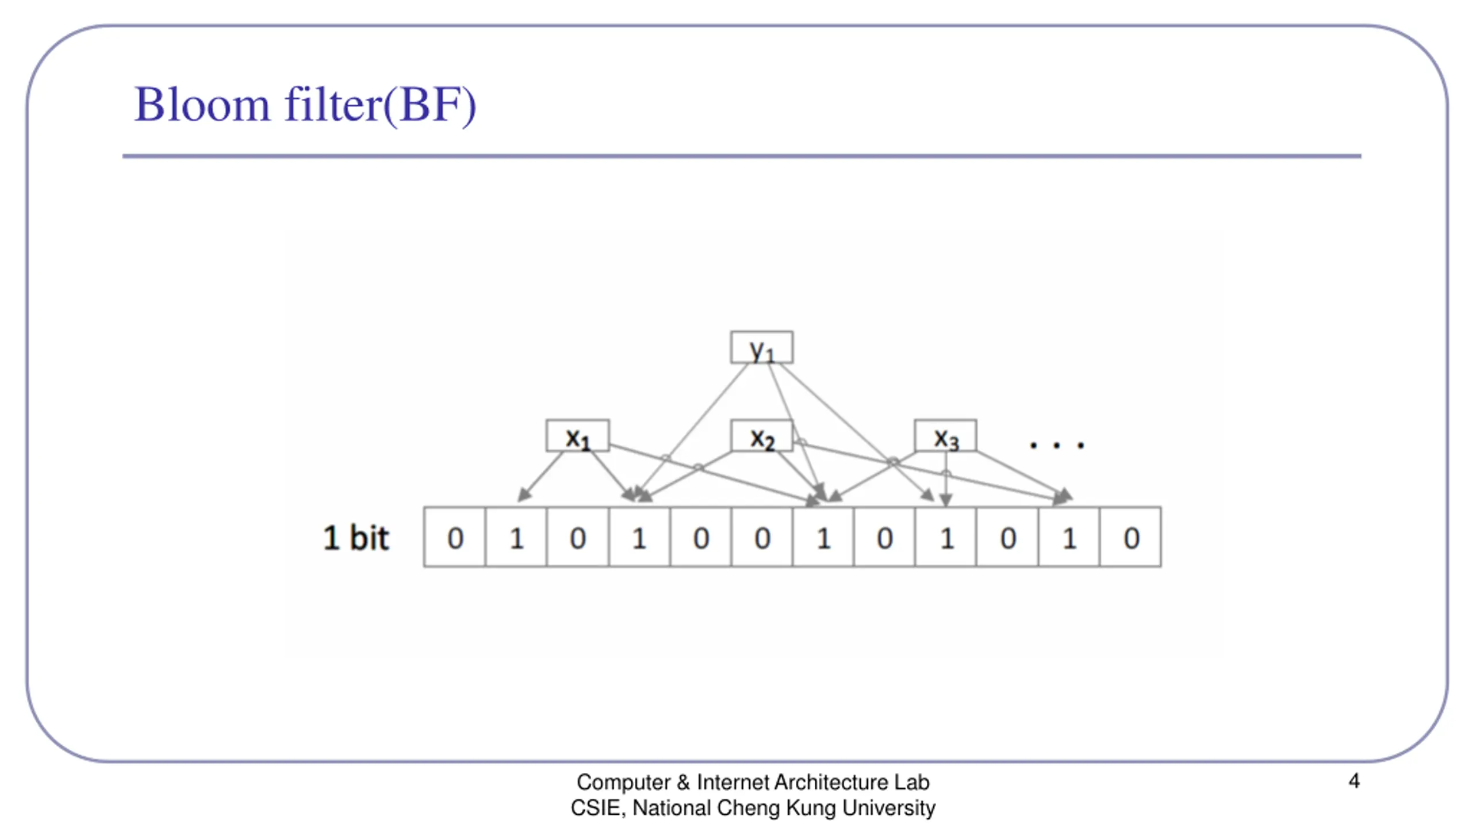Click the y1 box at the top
tap(761, 347)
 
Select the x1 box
tap(577, 436)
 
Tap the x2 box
tap(761, 436)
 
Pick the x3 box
tap(945, 436)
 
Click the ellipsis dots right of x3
tap(1057, 444)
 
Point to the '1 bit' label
tap(356, 538)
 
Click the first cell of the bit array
tap(455, 538)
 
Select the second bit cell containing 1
tap(516, 538)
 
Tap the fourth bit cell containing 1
tap(639, 538)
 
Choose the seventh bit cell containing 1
tap(823, 538)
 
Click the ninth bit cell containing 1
tap(946, 538)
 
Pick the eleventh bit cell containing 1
tap(1069, 538)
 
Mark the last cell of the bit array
tap(1130, 538)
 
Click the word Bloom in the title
tap(202, 105)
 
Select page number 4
tap(1354, 781)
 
